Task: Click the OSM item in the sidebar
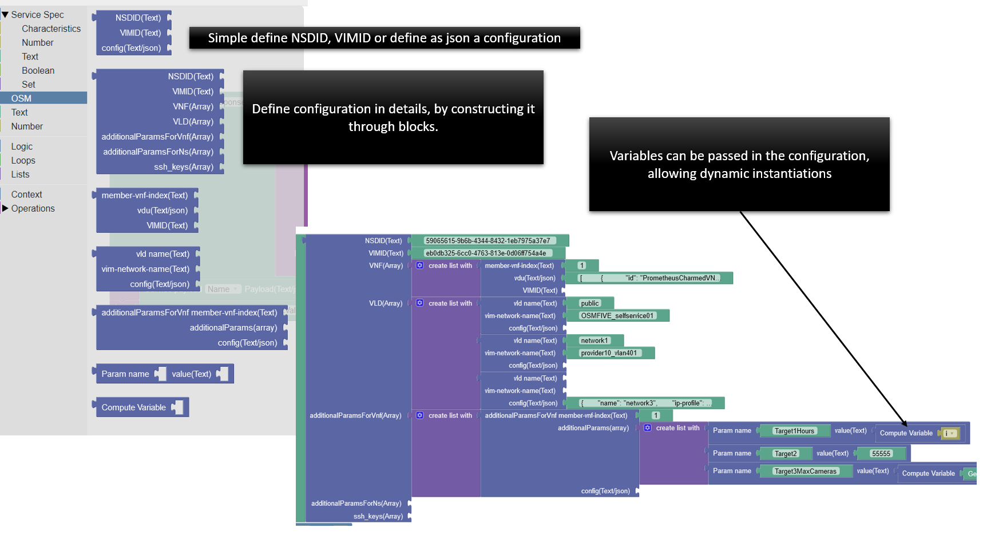(22, 98)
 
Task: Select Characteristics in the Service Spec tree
(51, 29)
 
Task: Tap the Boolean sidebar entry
(38, 70)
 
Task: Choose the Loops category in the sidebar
(23, 161)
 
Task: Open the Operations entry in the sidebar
(33, 209)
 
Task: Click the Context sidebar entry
(26, 195)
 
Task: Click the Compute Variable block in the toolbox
(134, 407)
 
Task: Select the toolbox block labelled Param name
(125, 374)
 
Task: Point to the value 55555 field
(881, 454)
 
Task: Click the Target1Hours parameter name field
(794, 431)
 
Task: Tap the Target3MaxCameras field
(805, 471)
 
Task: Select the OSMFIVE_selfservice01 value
(617, 316)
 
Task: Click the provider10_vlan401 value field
(609, 353)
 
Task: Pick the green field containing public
(589, 303)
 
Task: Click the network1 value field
(594, 340)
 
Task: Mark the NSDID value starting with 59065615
(487, 241)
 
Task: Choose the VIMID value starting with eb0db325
(486, 253)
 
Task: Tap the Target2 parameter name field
(785, 454)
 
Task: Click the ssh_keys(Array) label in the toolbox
(183, 167)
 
